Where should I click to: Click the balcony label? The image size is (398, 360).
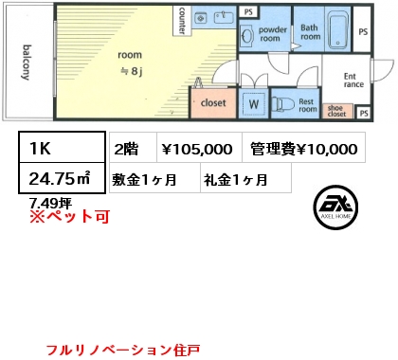point(27,63)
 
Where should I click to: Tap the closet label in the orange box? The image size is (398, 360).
point(213,102)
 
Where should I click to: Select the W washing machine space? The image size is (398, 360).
point(254,103)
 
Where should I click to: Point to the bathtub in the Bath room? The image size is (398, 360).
point(338,29)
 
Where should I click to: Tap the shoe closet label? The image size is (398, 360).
point(336,111)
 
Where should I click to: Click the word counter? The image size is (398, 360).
point(182,21)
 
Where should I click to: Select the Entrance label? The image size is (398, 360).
point(353,81)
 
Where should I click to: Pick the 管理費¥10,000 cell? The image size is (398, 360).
point(304,148)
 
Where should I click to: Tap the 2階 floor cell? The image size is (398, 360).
point(133,148)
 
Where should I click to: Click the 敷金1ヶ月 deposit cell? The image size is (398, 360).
point(154,178)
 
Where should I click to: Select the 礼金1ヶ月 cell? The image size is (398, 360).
point(245,178)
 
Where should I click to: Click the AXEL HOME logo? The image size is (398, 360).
point(335,207)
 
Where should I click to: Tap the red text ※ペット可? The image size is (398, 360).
point(69,217)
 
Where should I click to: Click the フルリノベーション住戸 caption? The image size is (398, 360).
point(123,350)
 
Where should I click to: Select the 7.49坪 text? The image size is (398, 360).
point(50,203)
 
